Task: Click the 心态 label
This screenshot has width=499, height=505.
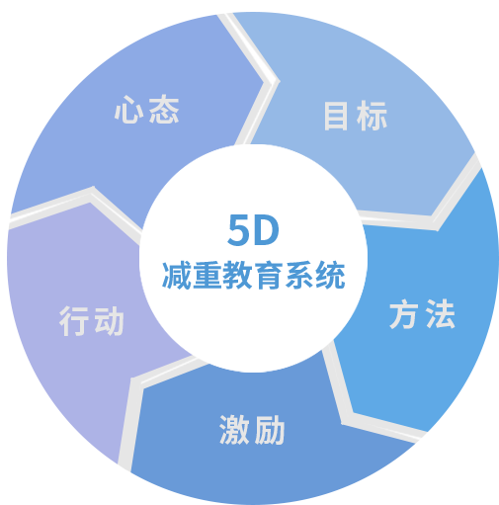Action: click(146, 110)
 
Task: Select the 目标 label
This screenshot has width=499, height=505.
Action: click(356, 116)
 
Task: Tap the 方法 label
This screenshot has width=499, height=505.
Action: click(422, 314)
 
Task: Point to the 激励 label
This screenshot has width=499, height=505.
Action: click(252, 430)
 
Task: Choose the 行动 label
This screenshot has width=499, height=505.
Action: click(91, 321)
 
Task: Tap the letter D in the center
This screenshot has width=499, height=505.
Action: click(266, 230)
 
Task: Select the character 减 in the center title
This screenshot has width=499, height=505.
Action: click(177, 276)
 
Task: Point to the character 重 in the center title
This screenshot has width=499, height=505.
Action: click(208, 276)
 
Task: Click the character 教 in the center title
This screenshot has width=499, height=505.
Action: click(238, 276)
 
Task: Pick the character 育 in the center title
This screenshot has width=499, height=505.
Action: click(269, 276)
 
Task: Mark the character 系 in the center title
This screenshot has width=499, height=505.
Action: click(299, 276)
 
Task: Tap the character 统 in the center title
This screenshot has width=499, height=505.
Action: click(330, 276)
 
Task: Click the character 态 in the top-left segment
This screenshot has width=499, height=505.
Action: click(164, 110)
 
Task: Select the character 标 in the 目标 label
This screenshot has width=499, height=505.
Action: click(372, 116)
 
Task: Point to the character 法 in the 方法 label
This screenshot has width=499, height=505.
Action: click(440, 314)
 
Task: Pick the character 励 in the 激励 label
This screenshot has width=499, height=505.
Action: click(270, 430)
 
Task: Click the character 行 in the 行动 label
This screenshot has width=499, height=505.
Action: click(74, 321)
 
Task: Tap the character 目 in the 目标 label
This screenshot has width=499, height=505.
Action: click(336, 116)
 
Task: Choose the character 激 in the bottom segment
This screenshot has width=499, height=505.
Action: click(234, 430)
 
